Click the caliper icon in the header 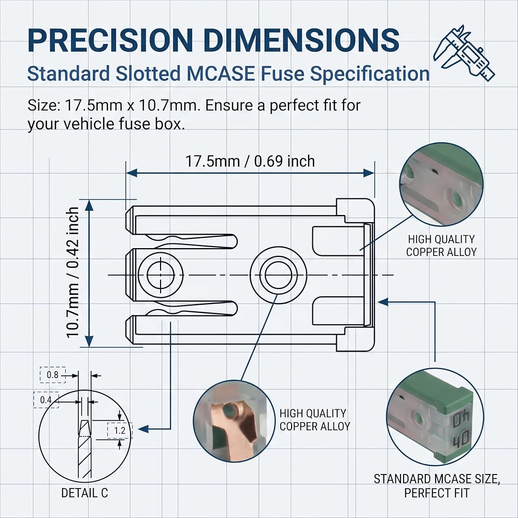point(464,53)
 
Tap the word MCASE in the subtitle point(221,74)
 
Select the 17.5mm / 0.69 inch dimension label point(250,161)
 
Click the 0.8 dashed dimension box point(52,375)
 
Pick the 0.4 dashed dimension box point(46,400)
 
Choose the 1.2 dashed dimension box point(120,430)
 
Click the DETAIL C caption point(84,493)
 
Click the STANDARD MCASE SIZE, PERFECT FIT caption point(437,486)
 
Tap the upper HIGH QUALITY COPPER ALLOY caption point(441,246)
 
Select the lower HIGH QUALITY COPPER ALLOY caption point(315,420)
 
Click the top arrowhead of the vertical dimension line point(89,205)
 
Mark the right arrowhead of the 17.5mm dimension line point(369,173)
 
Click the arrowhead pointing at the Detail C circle point(143,429)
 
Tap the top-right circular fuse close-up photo point(441,184)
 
